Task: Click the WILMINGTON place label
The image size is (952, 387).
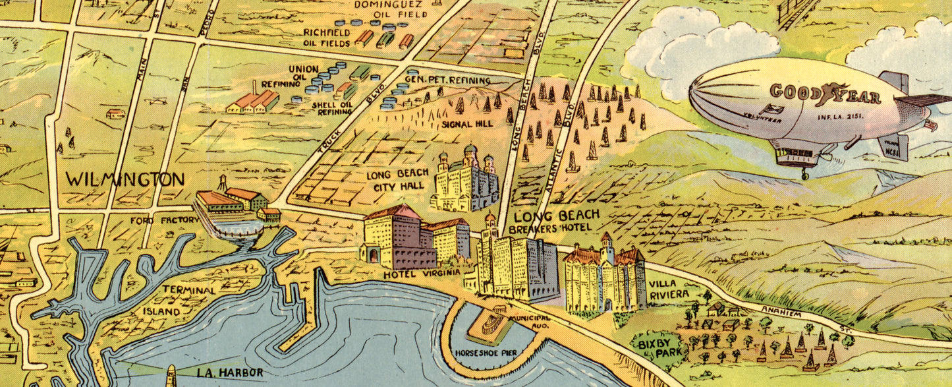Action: pyautogui.click(x=125, y=179)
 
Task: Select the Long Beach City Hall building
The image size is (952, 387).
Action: pyautogui.click(x=464, y=179)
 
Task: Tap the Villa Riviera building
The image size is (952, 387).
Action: pyautogui.click(x=604, y=277)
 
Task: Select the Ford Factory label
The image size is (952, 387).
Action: pyautogui.click(x=164, y=220)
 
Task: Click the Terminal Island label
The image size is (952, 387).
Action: pyautogui.click(x=181, y=300)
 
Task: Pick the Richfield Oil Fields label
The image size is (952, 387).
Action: pyautogui.click(x=327, y=38)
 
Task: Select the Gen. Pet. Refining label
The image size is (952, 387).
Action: pyautogui.click(x=447, y=80)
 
